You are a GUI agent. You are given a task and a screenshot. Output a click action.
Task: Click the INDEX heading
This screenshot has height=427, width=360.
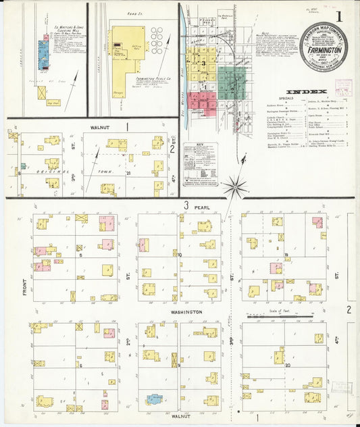[x=306, y=91]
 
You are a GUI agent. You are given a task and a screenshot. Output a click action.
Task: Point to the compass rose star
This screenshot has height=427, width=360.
[x=236, y=183]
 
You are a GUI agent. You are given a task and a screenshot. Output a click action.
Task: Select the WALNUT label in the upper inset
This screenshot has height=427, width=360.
[x=99, y=125]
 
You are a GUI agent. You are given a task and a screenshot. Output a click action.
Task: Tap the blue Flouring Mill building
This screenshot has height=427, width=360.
[x=43, y=50]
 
